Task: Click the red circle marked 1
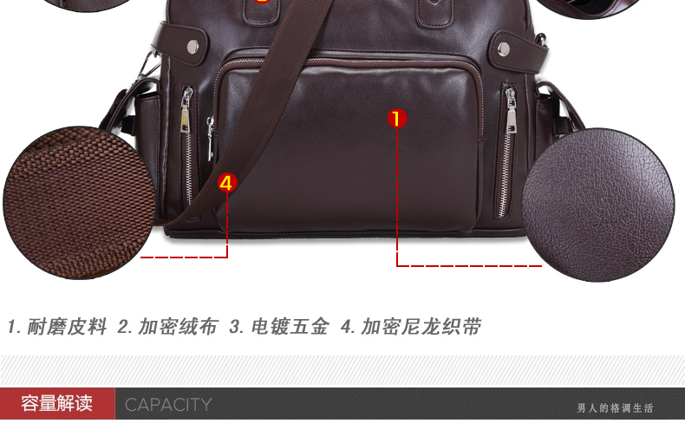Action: (396, 119)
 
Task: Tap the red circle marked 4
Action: (227, 183)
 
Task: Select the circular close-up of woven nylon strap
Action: (79, 203)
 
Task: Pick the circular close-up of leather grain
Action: (598, 205)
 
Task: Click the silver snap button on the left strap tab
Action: (192, 45)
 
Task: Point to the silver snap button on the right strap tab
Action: (503, 49)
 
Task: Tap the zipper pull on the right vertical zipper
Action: (510, 111)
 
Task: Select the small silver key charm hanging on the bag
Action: (210, 138)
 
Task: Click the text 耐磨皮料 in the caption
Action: (67, 327)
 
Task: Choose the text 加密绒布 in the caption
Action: (179, 327)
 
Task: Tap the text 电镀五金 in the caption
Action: (290, 327)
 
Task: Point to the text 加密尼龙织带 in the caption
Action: (421, 327)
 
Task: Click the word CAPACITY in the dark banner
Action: (168, 405)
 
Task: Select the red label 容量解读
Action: (56, 403)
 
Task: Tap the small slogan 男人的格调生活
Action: (615, 408)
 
